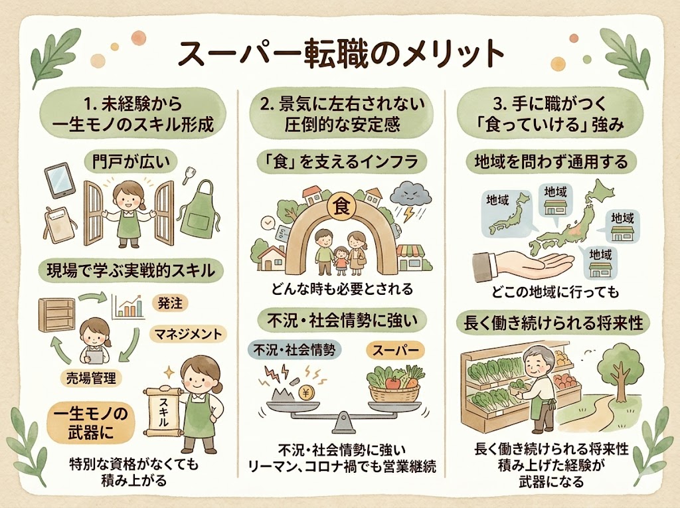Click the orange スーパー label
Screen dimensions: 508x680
click(395, 349)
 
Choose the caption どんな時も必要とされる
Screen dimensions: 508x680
click(342, 289)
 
